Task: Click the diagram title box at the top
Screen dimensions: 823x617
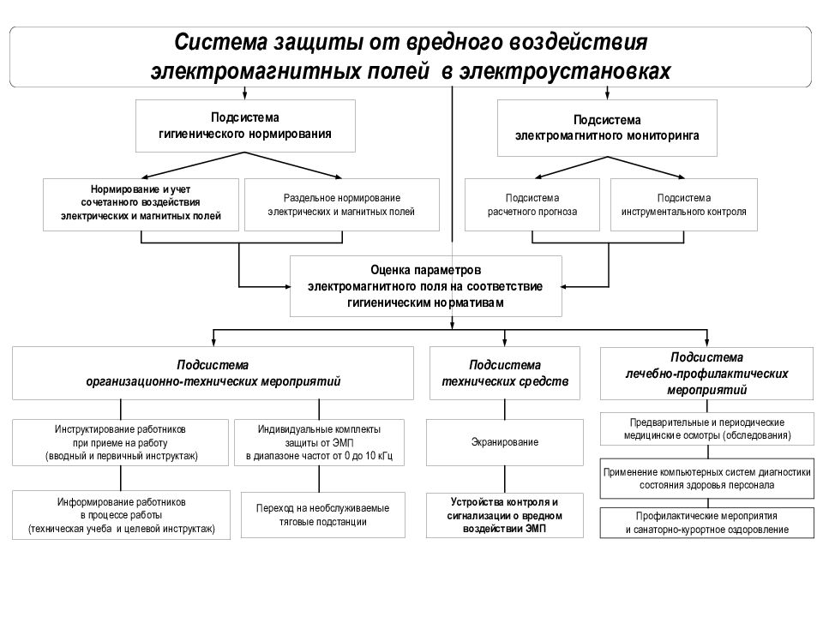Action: point(411,57)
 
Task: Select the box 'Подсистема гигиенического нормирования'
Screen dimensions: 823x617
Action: point(245,126)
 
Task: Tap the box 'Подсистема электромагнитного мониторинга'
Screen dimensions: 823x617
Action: point(607,128)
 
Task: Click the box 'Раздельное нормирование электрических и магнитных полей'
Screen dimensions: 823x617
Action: point(342,205)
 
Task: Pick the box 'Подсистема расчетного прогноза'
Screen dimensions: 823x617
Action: point(532,205)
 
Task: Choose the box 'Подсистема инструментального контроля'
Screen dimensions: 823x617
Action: point(684,205)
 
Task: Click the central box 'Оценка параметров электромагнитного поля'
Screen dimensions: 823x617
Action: point(426,286)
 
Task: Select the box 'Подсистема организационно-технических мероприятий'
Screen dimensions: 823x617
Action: point(213,373)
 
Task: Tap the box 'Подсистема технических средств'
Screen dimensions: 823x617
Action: point(505,373)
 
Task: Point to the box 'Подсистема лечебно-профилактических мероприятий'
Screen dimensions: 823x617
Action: point(706,373)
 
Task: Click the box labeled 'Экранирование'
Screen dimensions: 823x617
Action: point(505,442)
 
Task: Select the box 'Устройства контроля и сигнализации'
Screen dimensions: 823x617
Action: point(505,515)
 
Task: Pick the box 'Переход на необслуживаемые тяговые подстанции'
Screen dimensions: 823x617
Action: point(323,515)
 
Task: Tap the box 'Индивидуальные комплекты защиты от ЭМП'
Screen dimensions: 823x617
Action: point(319,442)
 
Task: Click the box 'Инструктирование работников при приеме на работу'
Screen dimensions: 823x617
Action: point(120,442)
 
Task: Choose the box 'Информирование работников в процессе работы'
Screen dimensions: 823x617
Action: point(121,515)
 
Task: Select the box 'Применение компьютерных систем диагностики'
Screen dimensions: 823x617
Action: point(706,478)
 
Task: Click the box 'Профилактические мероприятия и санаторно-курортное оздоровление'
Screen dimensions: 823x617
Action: point(706,523)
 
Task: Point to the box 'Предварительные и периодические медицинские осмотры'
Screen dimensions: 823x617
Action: point(707,429)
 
